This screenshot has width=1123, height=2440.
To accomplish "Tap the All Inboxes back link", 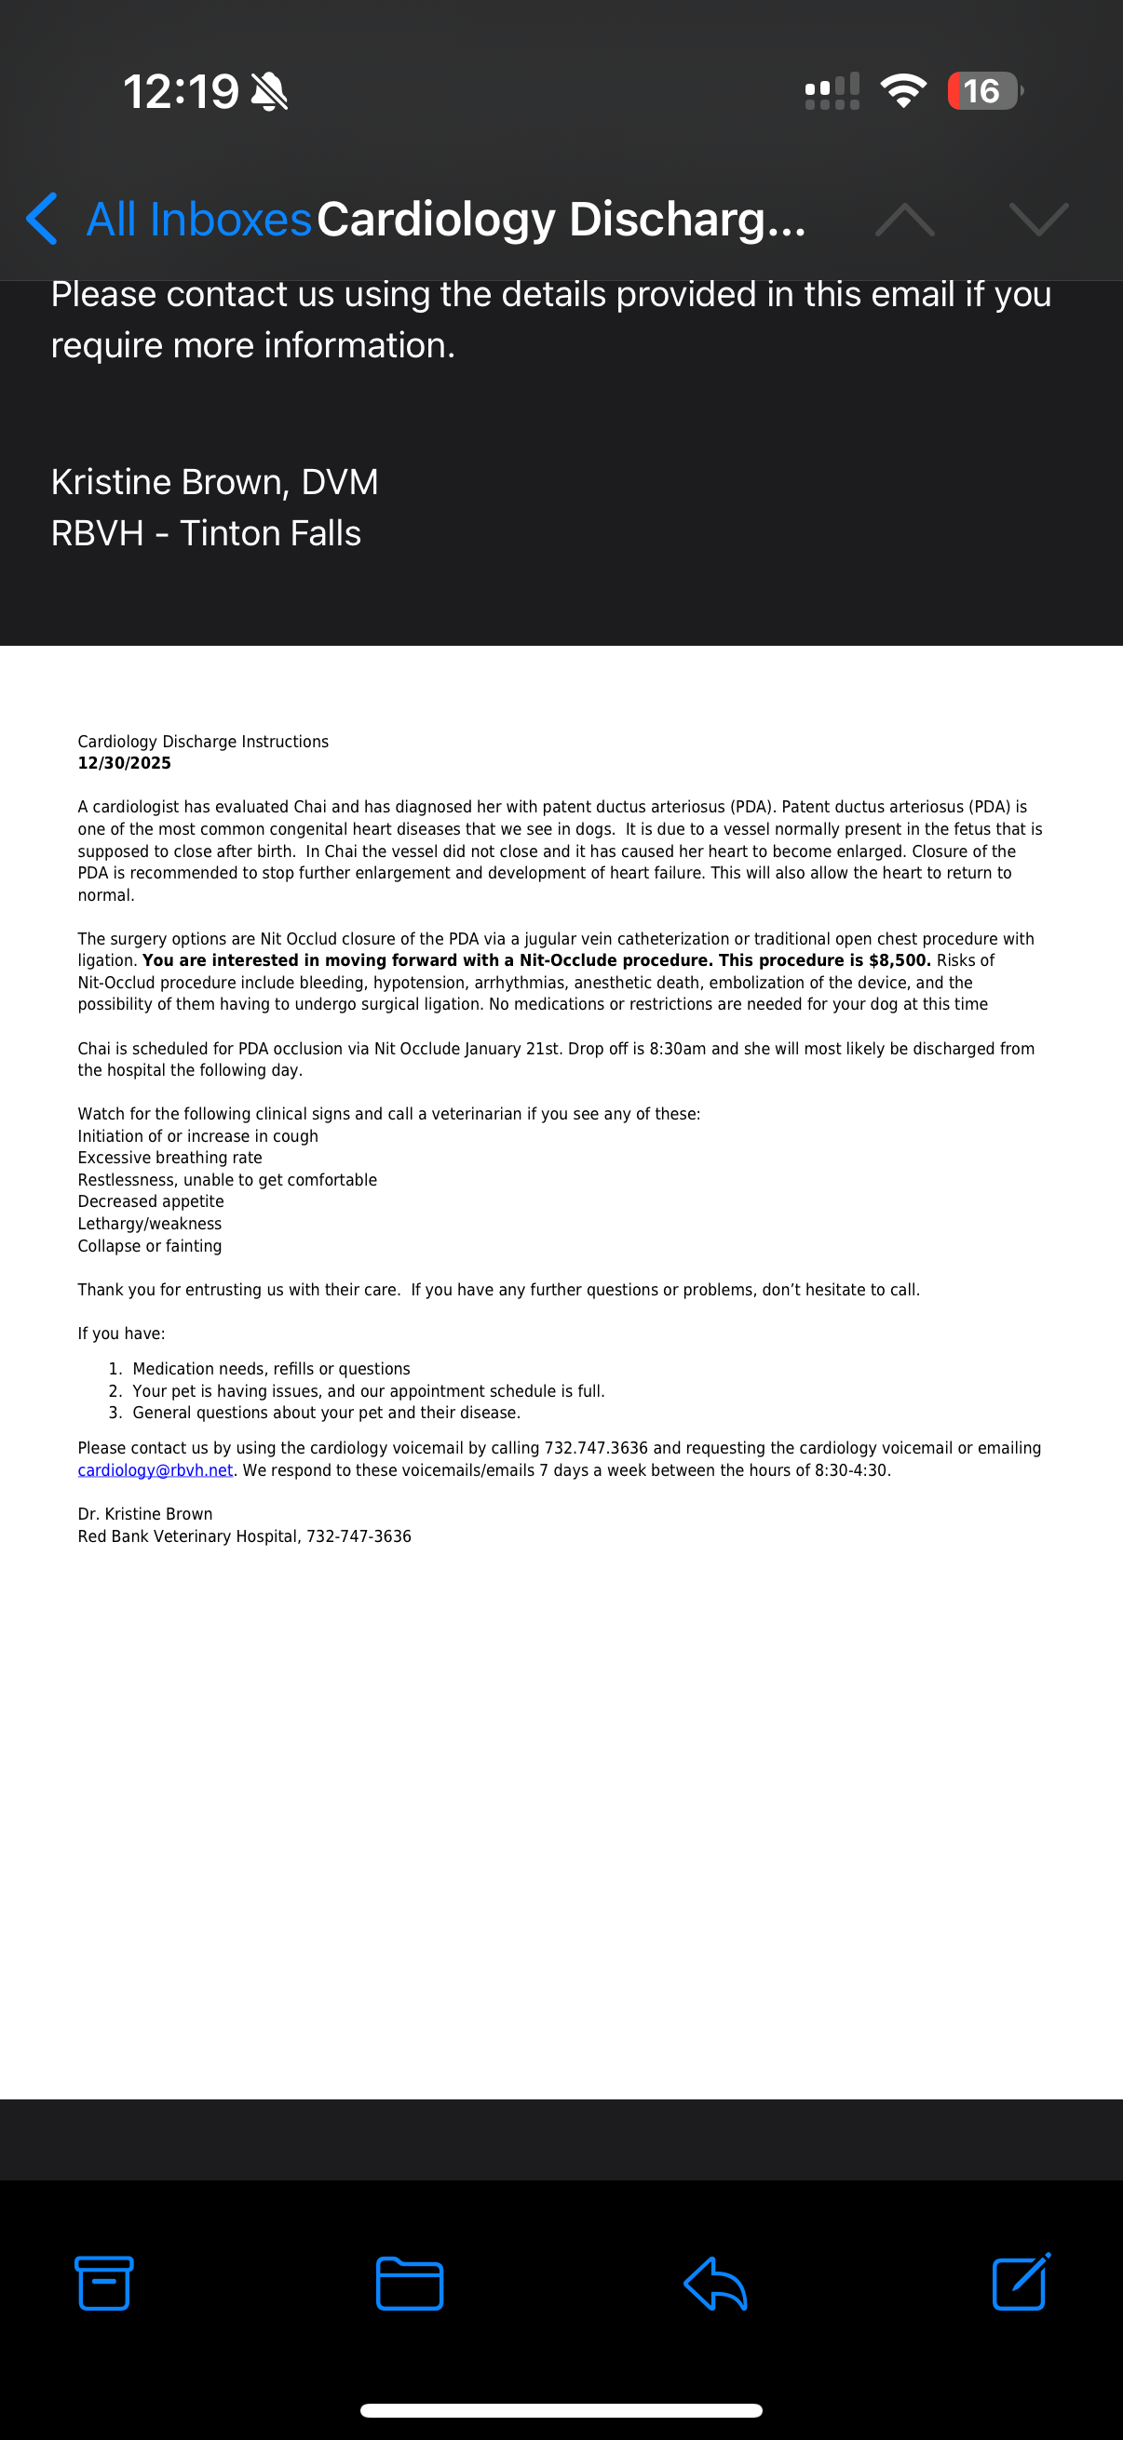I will pyautogui.click(x=199, y=220).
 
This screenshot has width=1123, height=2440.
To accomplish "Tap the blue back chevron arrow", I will pyautogui.click(x=42, y=219).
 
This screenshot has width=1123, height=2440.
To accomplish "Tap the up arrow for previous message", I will pyautogui.click(x=904, y=220).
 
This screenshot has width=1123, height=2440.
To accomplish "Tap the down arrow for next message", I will pyautogui.click(x=1038, y=220).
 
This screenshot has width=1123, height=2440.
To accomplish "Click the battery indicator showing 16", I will pyautogui.click(x=983, y=91).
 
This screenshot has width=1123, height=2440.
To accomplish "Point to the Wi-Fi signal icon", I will pyautogui.click(x=903, y=91).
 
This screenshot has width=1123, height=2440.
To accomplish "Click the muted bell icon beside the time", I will pyautogui.click(x=269, y=92).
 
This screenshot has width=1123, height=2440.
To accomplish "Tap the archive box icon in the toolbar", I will pyautogui.click(x=104, y=2283).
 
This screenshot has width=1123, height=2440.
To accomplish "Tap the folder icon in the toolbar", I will pyautogui.click(x=410, y=2284).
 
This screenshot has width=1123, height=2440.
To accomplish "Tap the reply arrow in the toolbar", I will pyautogui.click(x=715, y=2284).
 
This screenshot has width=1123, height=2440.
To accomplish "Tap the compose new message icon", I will pyautogui.click(x=1021, y=2282).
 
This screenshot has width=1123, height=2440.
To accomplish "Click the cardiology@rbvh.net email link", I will pyautogui.click(x=156, y=1470).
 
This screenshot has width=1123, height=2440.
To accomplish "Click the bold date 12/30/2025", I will pyautogui.click(x=124, y=763).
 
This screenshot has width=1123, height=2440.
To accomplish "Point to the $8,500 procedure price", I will pyautogui.click(x=899, y=960).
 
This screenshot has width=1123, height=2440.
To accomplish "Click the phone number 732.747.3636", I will pyautogui.click(x=595, y=1448).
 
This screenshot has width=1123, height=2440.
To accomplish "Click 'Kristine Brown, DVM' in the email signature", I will pyautogui.click(x=214, y=482).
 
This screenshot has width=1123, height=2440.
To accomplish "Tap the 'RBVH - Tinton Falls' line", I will pyautogui.click(x=206, y=533).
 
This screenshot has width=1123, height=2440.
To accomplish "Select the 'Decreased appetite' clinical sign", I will pyautogui.click(x=151, y=1201).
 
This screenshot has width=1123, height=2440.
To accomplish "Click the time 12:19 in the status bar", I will pyautogui.click(x=180, y=92).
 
